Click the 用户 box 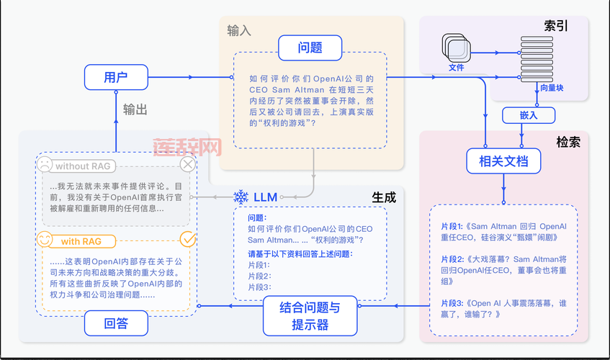(x=116, y=77)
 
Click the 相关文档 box (x=503, y=161)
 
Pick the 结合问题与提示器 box (x=310, y=316)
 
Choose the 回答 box (x=116, y=323)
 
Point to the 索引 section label (x=555, y=27)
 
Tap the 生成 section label (x=383, y=197)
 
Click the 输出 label (x=135, y=109)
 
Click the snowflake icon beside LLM (x=241, y=197)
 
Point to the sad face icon (x=45, y=165)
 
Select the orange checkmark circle (x=187, y=238)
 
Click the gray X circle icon (x=187, y=165)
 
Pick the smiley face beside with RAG (x=45, y=238)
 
